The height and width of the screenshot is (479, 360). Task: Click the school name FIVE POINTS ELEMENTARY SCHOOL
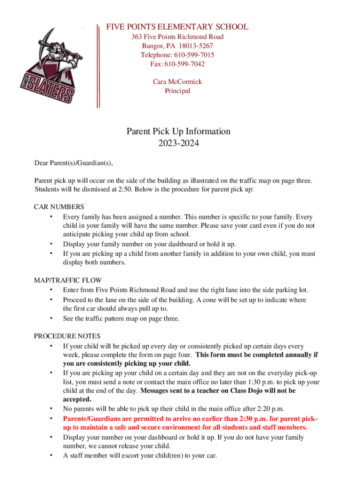[177, 27]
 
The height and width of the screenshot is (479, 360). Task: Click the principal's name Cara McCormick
[177, 81]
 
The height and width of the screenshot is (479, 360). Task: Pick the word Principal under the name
[177, 91]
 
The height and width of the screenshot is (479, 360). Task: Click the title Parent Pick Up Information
[178, 131]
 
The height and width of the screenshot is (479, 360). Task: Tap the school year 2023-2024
[178, 143]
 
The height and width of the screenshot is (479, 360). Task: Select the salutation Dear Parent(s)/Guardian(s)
[73, 163]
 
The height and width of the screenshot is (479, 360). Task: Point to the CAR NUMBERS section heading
[59, 207]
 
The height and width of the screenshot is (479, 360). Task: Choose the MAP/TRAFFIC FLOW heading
[68, 281]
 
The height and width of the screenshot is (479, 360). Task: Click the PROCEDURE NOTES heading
[67, 336]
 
